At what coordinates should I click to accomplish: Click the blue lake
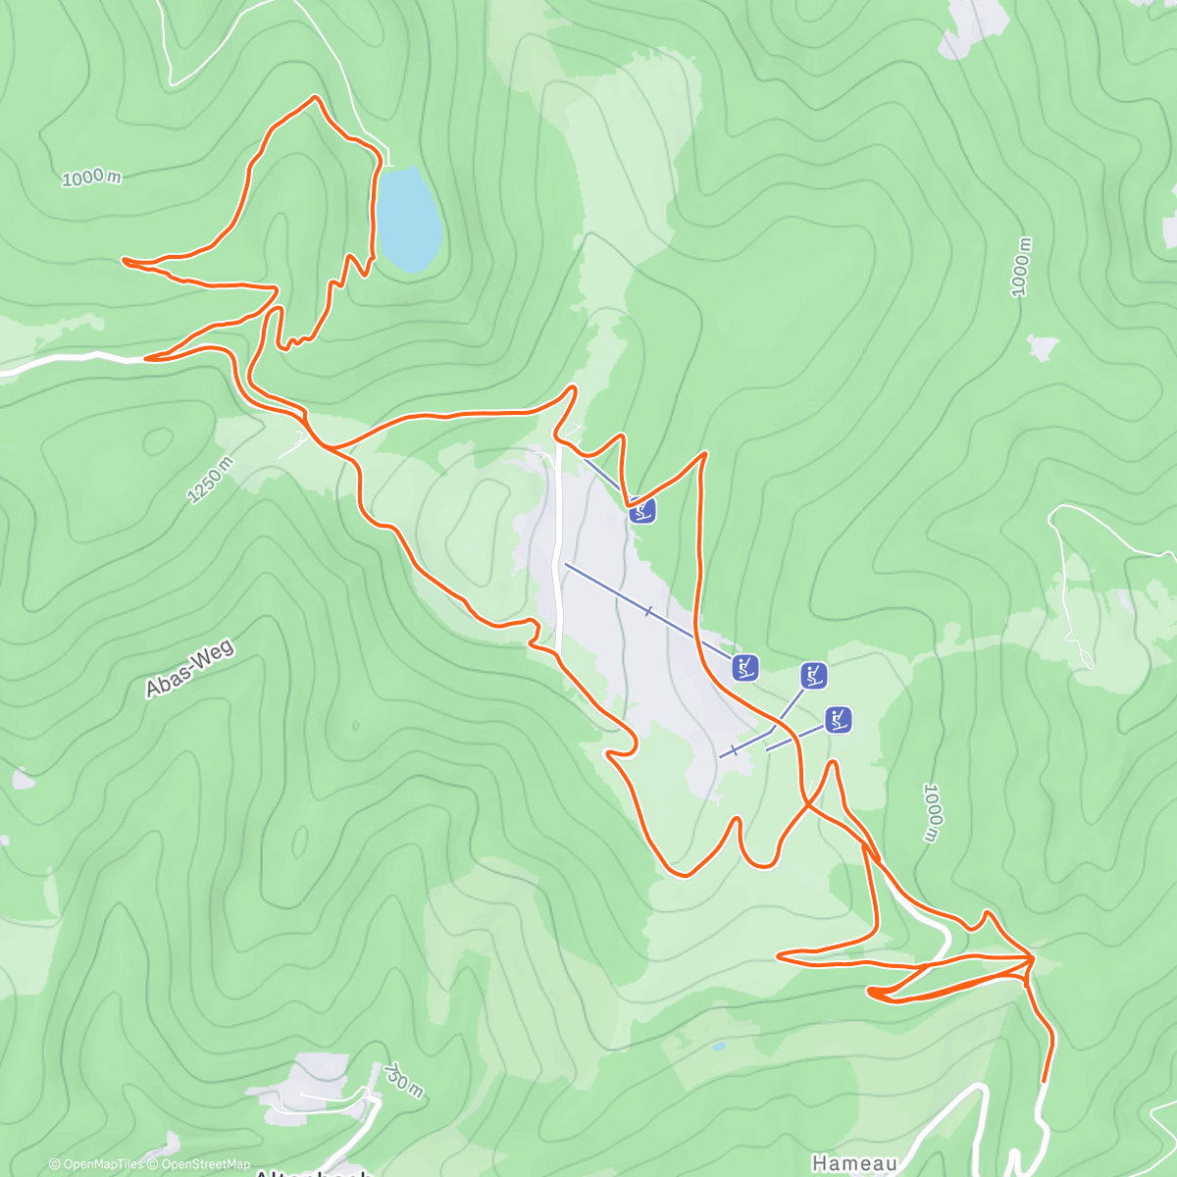click(x=408, y=219)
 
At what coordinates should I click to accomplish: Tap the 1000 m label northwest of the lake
click(x=91, y=178)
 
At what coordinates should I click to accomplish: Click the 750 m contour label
click(x=403, y=1080)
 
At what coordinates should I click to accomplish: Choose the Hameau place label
click(x=853, y=1163)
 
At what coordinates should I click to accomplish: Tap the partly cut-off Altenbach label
click(x=313, y=1172)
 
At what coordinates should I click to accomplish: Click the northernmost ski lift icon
click(x=642, y=510)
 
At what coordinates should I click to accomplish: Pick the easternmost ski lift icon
click(x=838, y=719)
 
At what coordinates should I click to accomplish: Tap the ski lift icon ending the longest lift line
click(x=745, y=668)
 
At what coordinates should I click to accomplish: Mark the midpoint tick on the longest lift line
click(x=648, y=612)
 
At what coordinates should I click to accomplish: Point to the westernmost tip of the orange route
click(x=124, y=260)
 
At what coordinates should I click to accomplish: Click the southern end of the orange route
click(x=1043, y=1080)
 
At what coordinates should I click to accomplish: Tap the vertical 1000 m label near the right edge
click(x=1021, y=267)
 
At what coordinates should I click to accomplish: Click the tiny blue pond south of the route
click(x=719, y=1047)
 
